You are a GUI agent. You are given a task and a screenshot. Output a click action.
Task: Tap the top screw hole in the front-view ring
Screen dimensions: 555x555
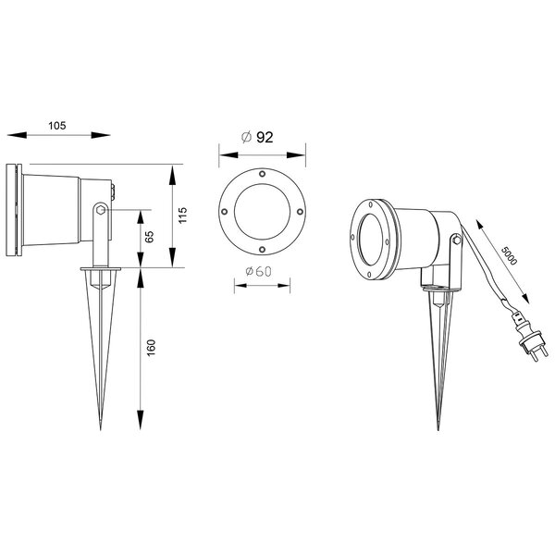(x=263, y=174)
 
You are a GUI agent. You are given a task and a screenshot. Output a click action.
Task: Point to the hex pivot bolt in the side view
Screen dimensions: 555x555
(x=99, y=214)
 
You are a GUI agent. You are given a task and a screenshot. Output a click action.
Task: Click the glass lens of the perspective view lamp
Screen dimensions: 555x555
(x=372, y=241)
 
